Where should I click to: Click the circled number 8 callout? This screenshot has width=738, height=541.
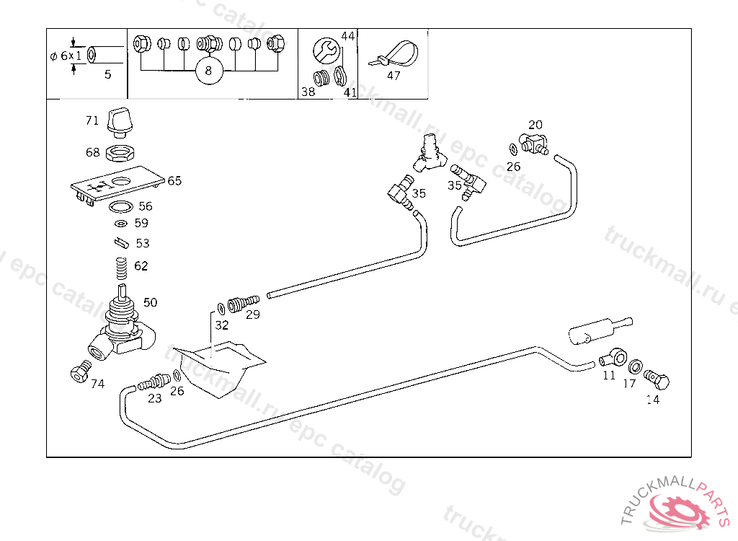pyautogui.click(x=208, y=71)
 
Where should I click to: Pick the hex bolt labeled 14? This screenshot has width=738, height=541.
pyautogui.click(x=657, y=377)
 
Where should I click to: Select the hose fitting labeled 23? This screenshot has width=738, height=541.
pyautogui.click(x=154, y=379)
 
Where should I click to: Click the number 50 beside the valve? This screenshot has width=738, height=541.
pyautogui.click(x=150, y=302)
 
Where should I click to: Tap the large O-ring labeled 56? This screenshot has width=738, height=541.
pyautogui.click(x=121, y=208)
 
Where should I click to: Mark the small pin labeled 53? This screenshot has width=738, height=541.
pyautogui.click(x=120, y=242)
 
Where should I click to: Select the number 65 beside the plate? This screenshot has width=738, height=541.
pyautogui.click(x=174, y=180)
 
